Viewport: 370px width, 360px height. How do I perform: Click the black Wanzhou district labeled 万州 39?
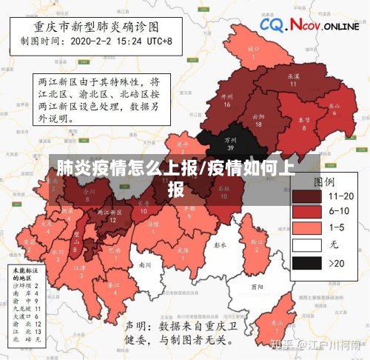[230, 142]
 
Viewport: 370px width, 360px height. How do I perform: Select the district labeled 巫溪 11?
[293, 79]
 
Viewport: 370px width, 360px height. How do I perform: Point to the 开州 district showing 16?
[227, 100]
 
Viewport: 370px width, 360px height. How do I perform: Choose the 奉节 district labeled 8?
[303, 122]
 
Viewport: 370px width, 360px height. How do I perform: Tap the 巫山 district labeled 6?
[334, 108]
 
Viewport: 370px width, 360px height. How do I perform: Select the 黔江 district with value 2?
[257, 243]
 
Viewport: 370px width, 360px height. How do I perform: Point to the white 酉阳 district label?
[257, 287]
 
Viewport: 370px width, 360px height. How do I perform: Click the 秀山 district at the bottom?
[277, 325]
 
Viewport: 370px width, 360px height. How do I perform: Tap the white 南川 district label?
[145, 264]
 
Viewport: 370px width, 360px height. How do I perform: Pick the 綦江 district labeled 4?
[114, 288]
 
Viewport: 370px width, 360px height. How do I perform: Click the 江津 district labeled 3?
[82, 270]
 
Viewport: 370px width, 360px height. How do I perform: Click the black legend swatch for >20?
[306, 262]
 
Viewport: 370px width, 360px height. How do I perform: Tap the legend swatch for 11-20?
[306, 196]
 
